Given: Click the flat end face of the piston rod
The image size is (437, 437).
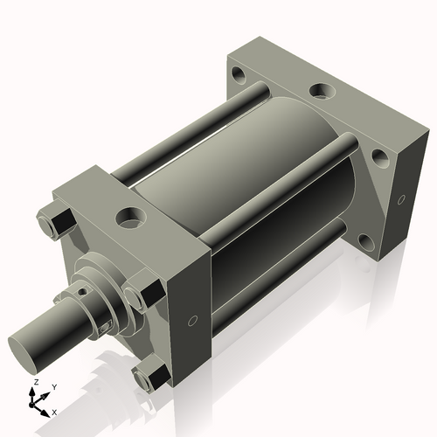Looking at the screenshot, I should [29, 348].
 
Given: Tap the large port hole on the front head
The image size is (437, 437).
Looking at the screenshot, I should [132, 213].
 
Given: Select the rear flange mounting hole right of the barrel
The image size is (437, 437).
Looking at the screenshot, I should [379, 158].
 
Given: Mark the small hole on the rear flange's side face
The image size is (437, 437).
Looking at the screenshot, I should [400, 199].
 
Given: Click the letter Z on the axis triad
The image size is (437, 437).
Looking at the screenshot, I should [34, 382].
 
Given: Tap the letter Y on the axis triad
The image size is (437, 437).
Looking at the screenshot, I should [54, 386].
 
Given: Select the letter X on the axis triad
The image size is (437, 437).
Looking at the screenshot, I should [55, 411].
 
